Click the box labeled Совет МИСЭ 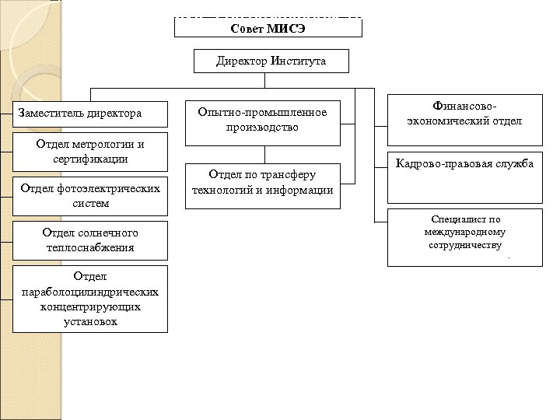point(268,28)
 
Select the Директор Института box point(271,61)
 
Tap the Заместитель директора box point(89,114)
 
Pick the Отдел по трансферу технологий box point(262,184)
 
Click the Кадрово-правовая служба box point(464,164)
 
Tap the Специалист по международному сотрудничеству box point(464,238)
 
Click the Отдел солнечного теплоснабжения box point(89,240)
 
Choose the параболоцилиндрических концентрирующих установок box point(89,299)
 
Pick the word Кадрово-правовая point(439,164)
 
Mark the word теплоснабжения point(89,247)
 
